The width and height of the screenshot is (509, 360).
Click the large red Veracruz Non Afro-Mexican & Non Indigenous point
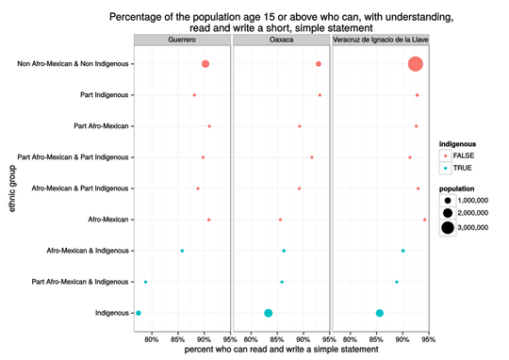(415, 64)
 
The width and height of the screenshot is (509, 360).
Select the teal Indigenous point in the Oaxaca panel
(269, 313)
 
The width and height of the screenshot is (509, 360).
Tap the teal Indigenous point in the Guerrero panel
(139, 313)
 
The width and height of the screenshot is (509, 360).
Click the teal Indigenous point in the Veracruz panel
(380, 313)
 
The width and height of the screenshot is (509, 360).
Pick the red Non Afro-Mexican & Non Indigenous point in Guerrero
(205, 64)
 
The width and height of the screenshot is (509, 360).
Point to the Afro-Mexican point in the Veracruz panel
(425, 220)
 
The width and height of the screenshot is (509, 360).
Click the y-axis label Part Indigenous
(106, 95)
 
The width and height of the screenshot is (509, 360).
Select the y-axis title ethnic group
(12, 188)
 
